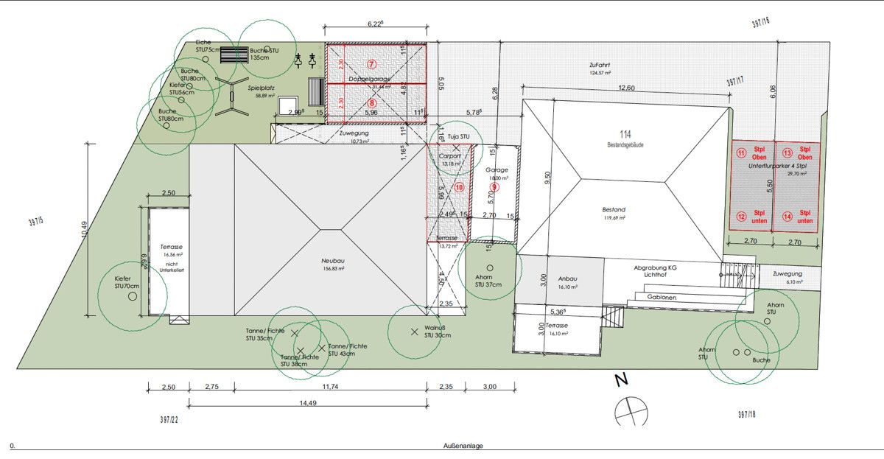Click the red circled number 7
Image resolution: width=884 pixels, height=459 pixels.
371,65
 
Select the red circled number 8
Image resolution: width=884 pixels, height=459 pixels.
371,103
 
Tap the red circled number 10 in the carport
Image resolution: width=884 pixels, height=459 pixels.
459,187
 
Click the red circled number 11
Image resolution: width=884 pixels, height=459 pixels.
741,153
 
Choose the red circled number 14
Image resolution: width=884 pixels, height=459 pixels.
787,217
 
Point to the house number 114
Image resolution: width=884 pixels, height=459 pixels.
625,134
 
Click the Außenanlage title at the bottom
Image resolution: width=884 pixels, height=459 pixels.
463,446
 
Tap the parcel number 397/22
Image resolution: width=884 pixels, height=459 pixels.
169,419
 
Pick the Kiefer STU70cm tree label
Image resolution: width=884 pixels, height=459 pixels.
127,282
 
